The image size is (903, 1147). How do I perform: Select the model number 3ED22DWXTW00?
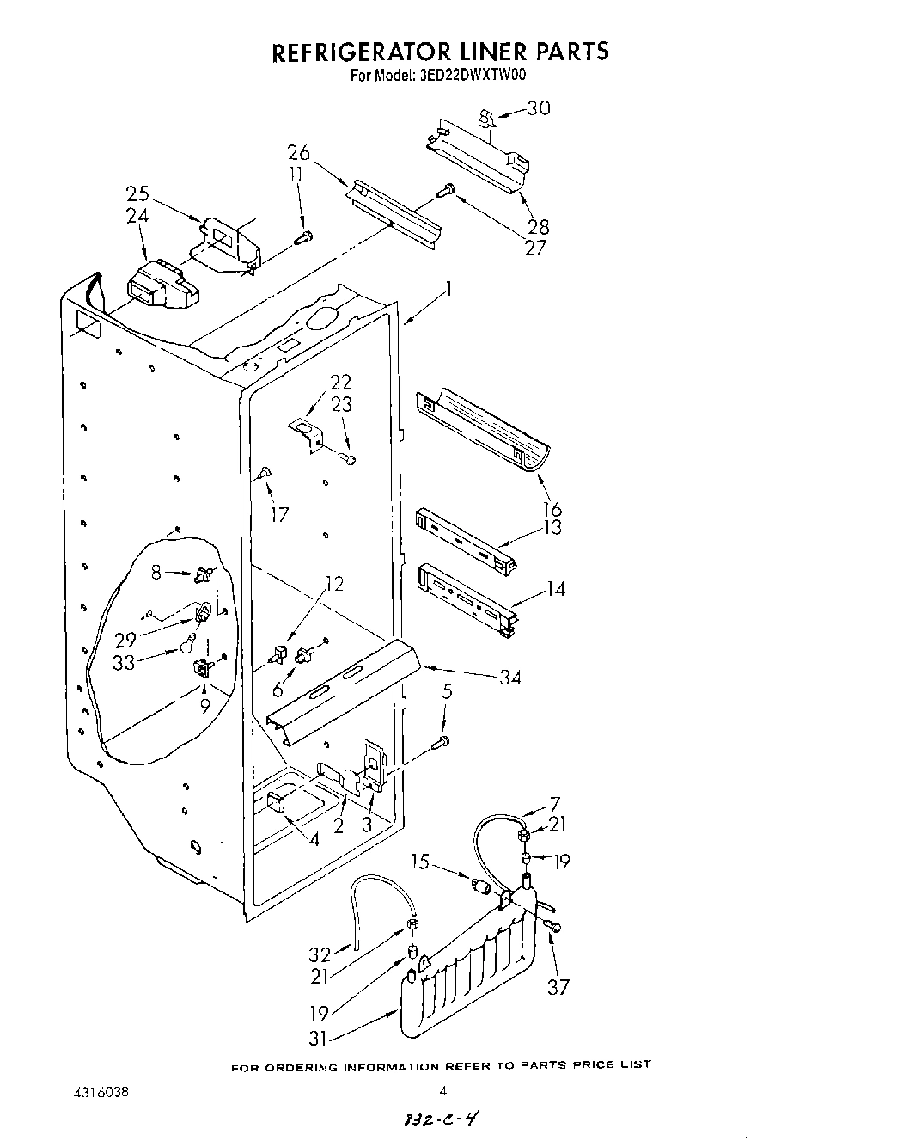click(x=474, y=75)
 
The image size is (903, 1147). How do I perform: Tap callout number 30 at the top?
click(x=538, y=108)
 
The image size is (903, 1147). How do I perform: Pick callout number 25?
click(x=137, y=194)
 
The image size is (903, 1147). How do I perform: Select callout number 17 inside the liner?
click(x=279, y=515)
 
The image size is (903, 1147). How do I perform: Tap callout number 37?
click(x=558, y=986)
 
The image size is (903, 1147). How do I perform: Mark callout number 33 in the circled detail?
click(x=125, y=663)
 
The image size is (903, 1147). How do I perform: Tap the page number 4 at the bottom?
click(x=443, y=1092)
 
